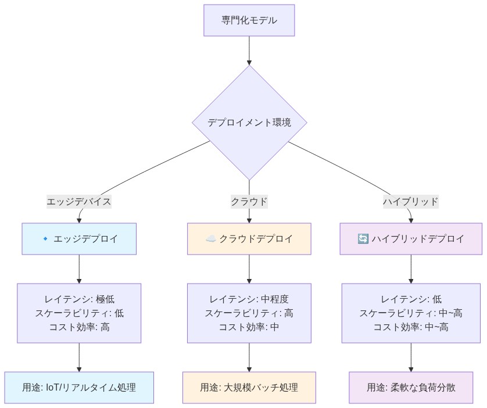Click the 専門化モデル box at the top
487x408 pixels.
tap(249, 20)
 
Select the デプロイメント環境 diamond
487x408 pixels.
tap(249, 123)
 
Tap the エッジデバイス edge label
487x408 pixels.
tap(79, 202)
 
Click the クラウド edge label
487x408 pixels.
tap(249, 202)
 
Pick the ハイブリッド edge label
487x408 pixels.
tap(411, 202)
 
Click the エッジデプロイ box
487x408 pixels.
tap(79, 239)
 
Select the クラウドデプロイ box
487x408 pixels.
tap(249, 239)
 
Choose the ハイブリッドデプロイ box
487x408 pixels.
tap(411, 239)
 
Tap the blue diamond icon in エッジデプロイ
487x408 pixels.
tap(45, 239)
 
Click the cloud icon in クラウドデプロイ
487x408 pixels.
tap(211, 239)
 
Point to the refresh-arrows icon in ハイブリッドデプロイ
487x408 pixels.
tap(363, 239)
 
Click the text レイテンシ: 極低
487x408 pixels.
tap(79, 299)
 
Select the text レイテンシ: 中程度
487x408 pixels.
tap(249, 299)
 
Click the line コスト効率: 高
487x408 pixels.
tap(79, 327)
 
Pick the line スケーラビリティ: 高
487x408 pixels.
tap(249, 313)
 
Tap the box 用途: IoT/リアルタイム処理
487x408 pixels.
tap(79, 388)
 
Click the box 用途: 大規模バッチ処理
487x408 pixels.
tap(249, 388)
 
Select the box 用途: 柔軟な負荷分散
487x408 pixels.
tap(411, 388)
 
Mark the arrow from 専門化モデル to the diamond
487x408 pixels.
tap(249, 51)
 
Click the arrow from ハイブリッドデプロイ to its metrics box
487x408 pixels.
tap(411, 269)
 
